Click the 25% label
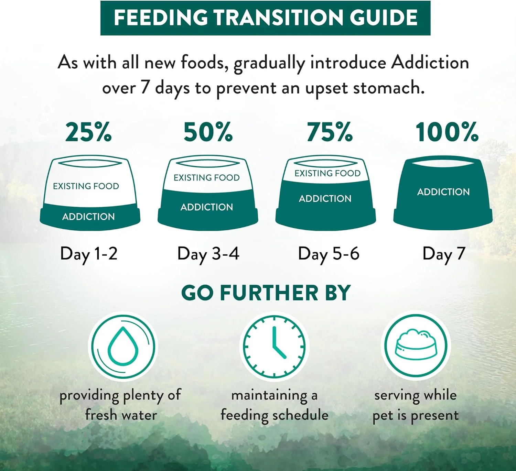tap(88, 132)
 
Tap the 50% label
tap(208, 132)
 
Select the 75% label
tap(330, 132)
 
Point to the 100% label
tap(447, 132)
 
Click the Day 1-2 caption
tap(89, 254)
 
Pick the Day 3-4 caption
tap(208, 254)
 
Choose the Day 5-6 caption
tap(329, 254)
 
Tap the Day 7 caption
tap(444, 254)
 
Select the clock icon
tap(274, 346)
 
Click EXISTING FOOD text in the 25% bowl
tap(86, 186)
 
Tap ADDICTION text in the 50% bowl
tap(207, 207)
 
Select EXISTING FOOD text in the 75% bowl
tap(327, 173)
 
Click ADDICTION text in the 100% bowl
tap(443, 192)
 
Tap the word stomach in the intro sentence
tap(388, 88)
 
